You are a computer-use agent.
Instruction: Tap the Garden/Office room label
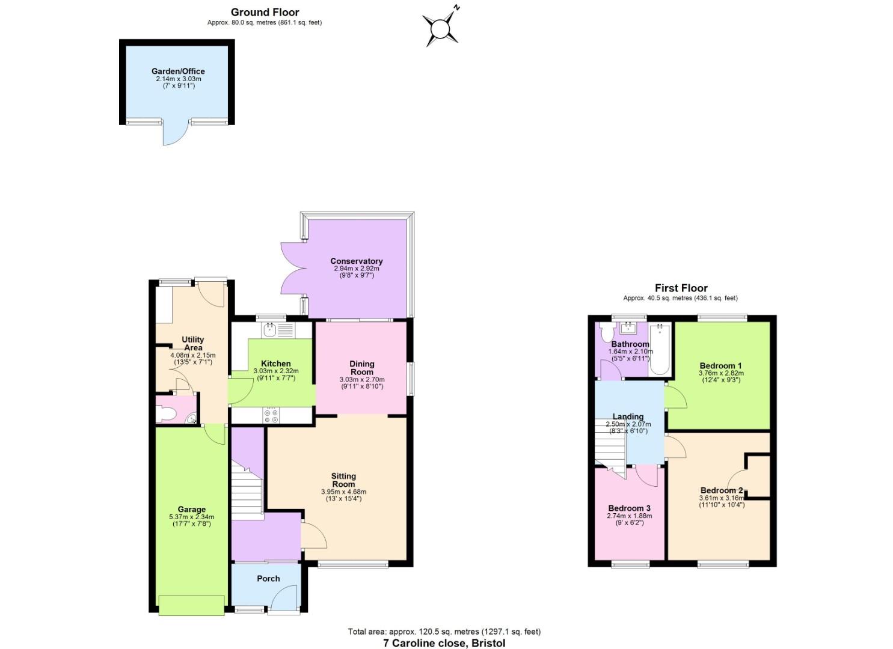tap(178, 72)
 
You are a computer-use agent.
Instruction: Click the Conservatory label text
tap(356, 261)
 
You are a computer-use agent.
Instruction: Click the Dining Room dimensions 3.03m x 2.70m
tap(361, 380)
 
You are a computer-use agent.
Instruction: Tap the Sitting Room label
tap(343, 480)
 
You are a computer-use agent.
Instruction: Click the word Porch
tap(268, 579)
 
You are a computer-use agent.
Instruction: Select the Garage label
tap(191, 510)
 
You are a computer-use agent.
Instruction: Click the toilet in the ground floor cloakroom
tap(166, 413)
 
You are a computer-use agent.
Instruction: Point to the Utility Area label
tap(193, 344)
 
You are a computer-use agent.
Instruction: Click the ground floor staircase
tap(247, 489)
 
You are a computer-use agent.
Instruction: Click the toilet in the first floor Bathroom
tap(604, 332)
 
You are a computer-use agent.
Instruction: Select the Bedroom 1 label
tap(720, 366)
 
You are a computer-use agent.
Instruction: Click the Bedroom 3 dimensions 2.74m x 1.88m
tap(629, 516)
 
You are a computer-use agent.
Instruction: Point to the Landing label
tap(628, 416)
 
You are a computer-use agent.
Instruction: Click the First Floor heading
tap(681, 288)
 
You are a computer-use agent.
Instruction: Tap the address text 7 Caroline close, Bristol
tap(444, 643)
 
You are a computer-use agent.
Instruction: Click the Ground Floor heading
tap(265, 13)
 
